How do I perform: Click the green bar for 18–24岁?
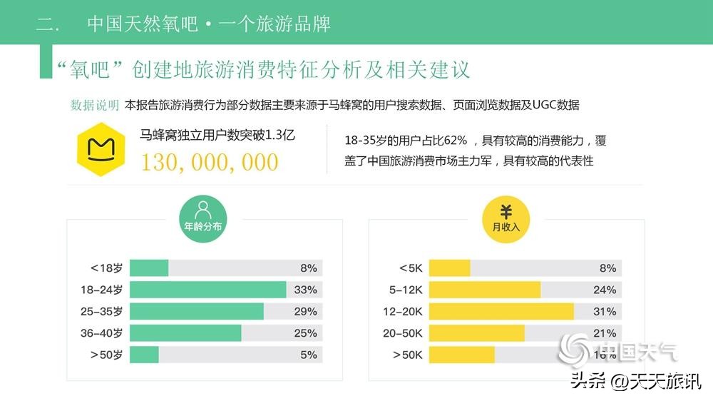click(x=207, y=290)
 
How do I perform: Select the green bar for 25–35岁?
click(x=196, y=311)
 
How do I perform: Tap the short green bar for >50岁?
click(x=144, y=355)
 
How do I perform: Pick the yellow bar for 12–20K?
click(x=501, y=311)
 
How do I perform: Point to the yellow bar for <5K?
click(x=449, y=268)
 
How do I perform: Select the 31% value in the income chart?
click(x=605, y=311)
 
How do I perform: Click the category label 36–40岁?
click(x=103, y=333)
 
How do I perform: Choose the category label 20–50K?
click(x=403, y=333)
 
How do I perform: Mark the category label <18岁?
click(x=106, y=268)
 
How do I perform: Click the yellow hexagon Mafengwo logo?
click(x=101, y=152)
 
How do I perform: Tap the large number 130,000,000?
click(x=209, y=162)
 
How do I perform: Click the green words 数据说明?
click(x=95, y=105)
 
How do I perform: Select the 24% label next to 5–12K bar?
click(x=605, y=290)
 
